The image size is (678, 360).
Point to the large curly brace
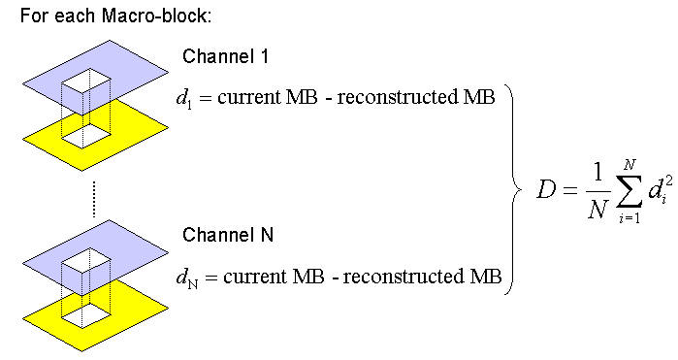click(515, 186)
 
